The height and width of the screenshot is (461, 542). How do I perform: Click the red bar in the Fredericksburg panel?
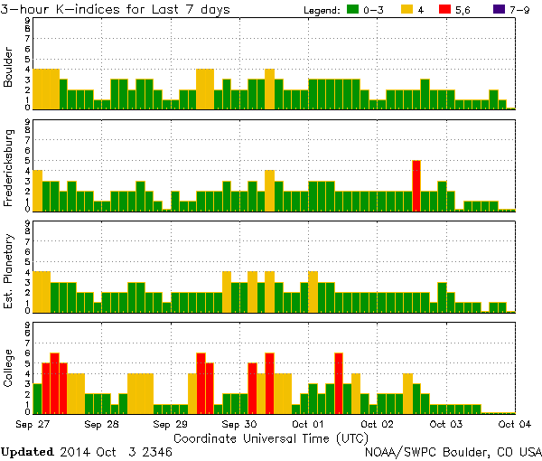(416, 185)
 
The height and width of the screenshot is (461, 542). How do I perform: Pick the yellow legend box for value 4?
(407, 10)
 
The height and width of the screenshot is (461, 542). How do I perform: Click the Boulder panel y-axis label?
(9, 67)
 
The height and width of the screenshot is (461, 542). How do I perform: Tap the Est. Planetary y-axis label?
(9, 270)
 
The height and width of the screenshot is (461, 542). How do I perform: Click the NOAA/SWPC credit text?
(452, 450)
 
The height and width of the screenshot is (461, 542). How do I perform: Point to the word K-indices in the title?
(97, 9)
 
